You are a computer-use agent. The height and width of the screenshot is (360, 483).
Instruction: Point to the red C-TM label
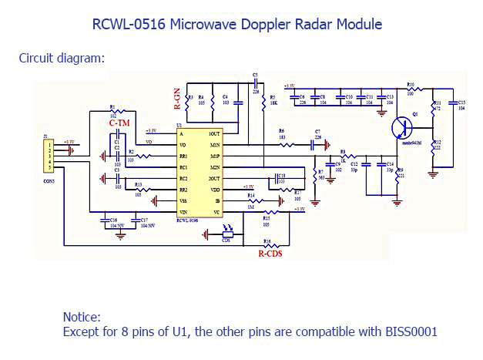click(x=119, y=123)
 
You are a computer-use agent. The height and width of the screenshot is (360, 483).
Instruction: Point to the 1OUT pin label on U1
click(x=214, y=134)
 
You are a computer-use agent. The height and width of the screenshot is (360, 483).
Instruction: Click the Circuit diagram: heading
click(x=62, y=58)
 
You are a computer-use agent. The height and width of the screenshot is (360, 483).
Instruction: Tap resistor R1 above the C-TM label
click(x=114, y=113)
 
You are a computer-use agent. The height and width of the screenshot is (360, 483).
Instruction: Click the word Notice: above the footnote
click(x=82, y=317)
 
